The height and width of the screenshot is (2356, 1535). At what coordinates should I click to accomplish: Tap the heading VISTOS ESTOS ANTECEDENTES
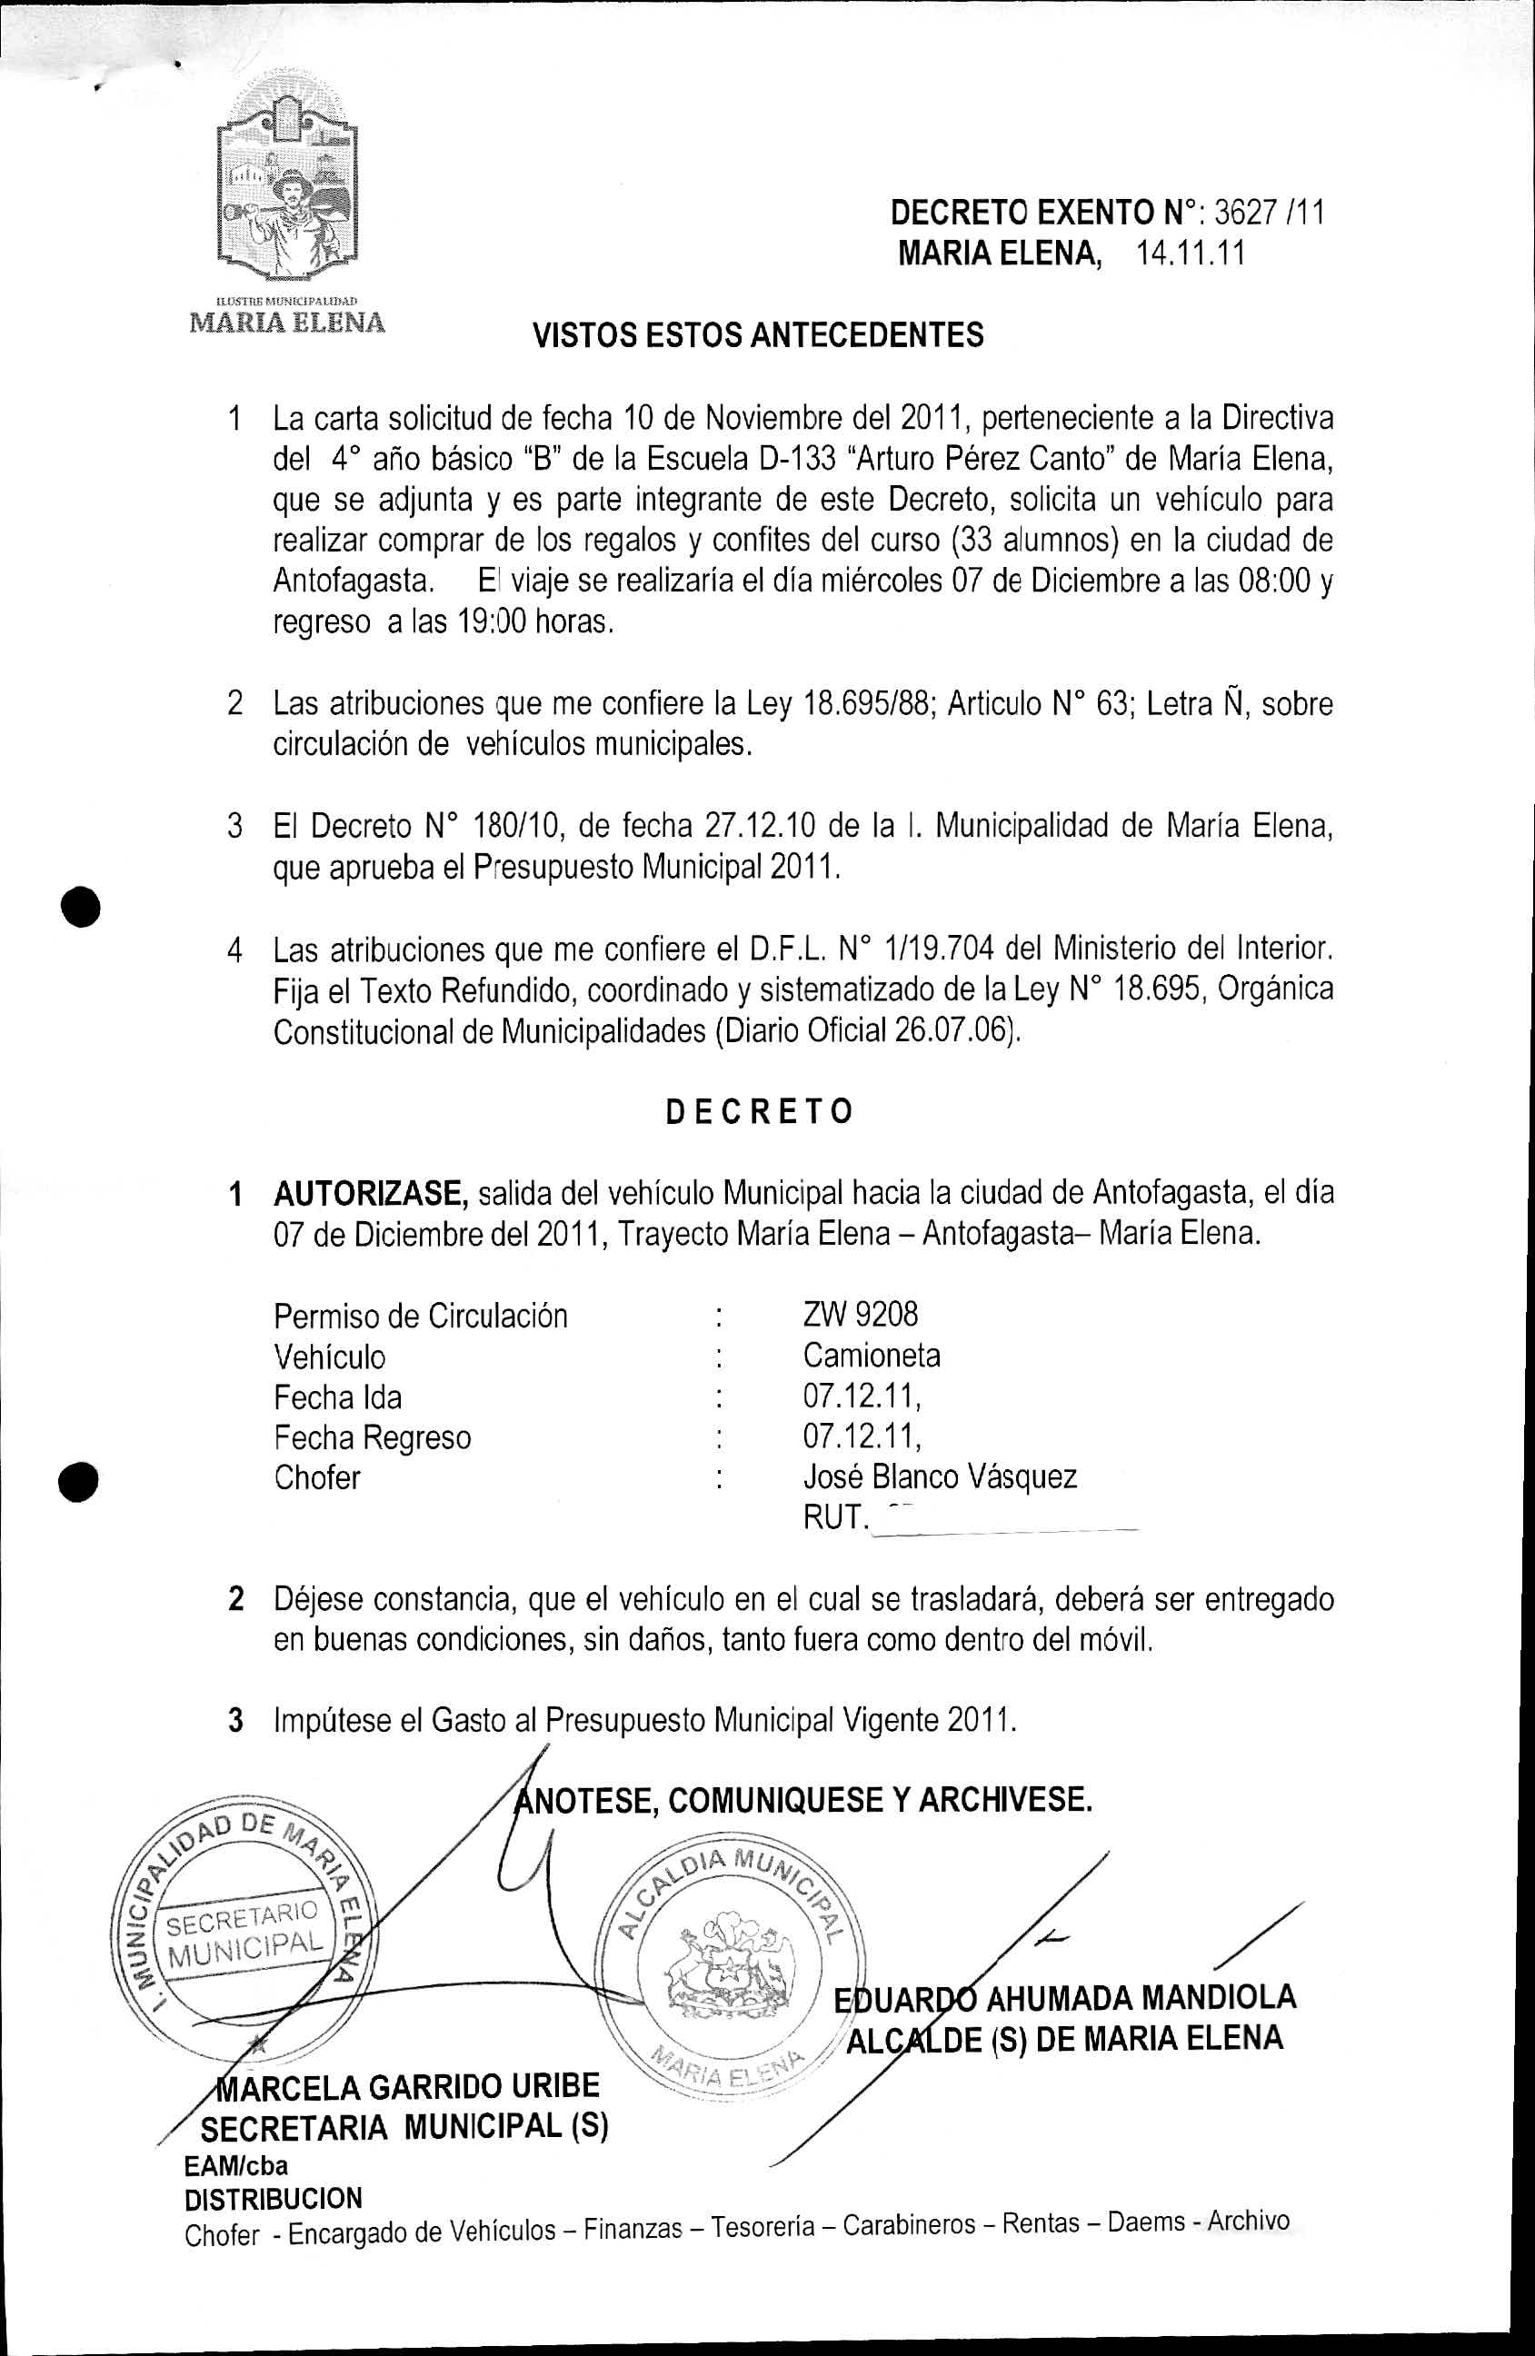759,335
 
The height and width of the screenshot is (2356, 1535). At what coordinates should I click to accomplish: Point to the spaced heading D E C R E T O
759,1112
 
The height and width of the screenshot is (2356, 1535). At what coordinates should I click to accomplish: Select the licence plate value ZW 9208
860,1315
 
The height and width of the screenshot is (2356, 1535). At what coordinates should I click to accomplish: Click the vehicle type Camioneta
872,1356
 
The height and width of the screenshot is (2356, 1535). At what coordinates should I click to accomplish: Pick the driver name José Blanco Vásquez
939,1477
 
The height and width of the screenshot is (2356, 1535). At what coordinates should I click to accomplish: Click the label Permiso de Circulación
421,1317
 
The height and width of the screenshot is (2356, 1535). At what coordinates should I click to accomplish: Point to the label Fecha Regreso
373,1437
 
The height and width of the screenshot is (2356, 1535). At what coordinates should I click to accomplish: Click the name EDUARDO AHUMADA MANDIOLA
1064,1998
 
